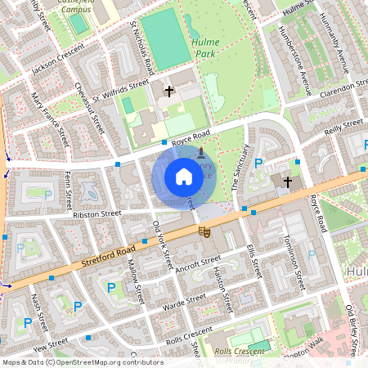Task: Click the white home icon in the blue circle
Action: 184,177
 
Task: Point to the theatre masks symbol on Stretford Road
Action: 205,233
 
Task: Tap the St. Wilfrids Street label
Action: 120,91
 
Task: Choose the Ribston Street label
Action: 96,214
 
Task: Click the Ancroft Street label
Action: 199,264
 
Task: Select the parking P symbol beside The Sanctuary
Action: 258,164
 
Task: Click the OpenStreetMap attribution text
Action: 82,362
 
